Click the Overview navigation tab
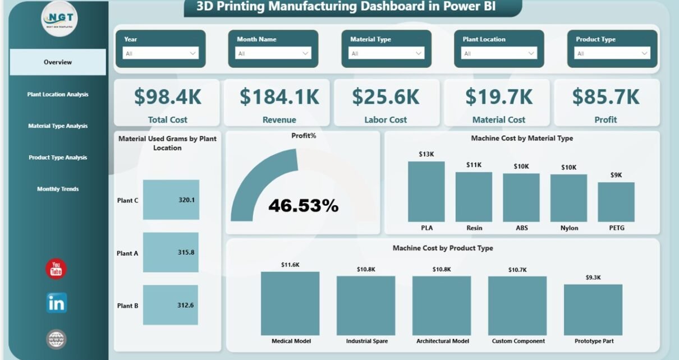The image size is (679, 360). pyautogui.click(x=58, y=62)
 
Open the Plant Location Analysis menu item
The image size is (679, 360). pyautogui.click(x=58, y=94)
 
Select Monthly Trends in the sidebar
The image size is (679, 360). pyautogui.click(x=58, y=189)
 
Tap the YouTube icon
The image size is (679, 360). pyautogui.click(x=56, y=269)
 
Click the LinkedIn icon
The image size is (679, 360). pyautogui.click(x=56, y=303)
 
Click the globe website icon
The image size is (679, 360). pyautogui.click(x=56, y=339)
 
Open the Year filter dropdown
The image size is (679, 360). pyautogui.click(x=160, y=53)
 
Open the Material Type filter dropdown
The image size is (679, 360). pyautogui.click(x=386, y=53)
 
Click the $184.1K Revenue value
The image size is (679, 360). pyautogui.click(x=279, y=97)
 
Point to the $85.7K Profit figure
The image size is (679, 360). pyautogui.click(x=605, y=97)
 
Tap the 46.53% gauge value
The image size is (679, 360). pyautogui.click(x=303, y=206)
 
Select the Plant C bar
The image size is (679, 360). pyautogui.click(x=171, y=200)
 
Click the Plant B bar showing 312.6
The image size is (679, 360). pyautogui.click(x=171, y=305)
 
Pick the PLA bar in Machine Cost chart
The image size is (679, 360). pyautogui.click(x=426, y=192)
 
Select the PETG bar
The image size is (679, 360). pyautogui.click(x=616, y=202)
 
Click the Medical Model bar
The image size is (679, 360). pyautogui.click(x=290, y=303)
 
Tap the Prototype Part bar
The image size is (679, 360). pyautogui.click(x=593, y=310)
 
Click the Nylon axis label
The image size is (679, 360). pyautogui.click(x=568, y=228)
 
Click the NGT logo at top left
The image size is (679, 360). pyautogui.click(x=59, y=19)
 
